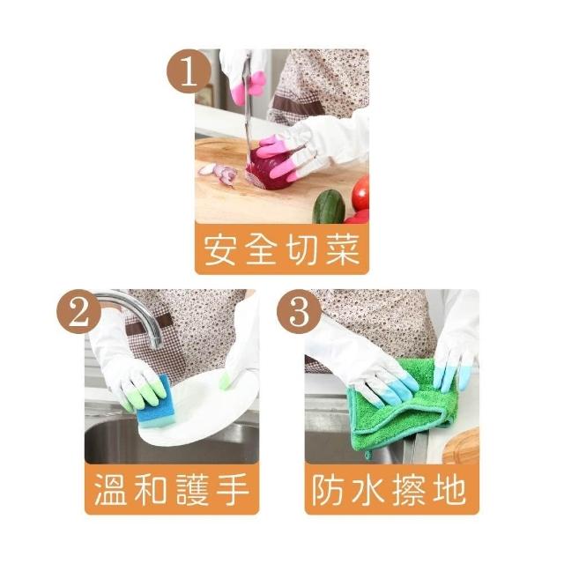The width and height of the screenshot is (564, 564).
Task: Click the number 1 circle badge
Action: point(188,72)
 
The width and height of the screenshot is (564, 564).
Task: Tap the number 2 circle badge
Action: point(78,312)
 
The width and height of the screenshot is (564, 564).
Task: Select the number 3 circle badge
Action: point(299,312)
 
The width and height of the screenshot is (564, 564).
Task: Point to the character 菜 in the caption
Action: point(343,249)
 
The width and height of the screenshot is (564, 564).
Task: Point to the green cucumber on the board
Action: point(329,207)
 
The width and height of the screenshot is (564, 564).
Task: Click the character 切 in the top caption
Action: point(302,249)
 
